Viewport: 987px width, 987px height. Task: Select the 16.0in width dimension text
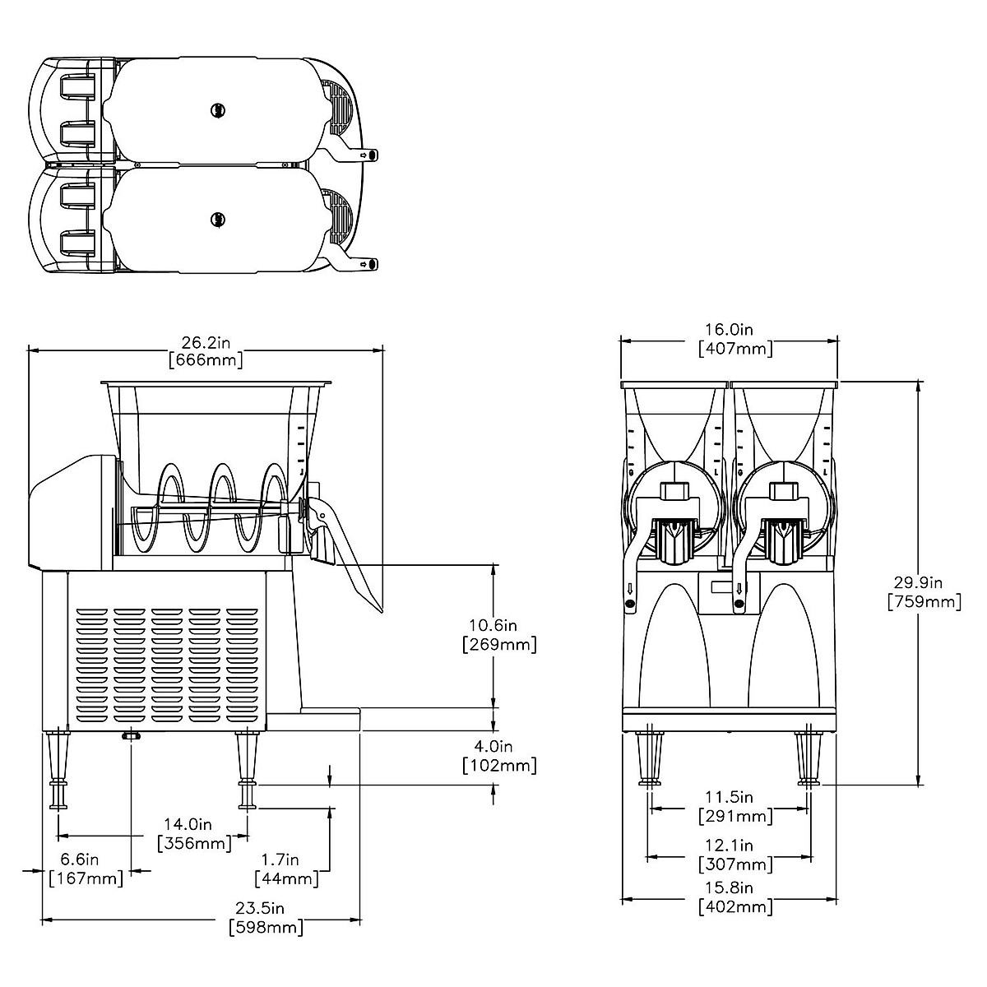coord(735,339)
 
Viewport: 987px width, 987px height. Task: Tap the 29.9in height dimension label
coord(924,592)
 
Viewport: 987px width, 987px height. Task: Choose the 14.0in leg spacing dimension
coord(193,833)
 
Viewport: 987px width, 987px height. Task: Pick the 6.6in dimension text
coord(86,869)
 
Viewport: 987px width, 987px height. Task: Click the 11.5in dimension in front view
coord(735,806)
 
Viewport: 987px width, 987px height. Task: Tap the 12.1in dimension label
coord(735,855)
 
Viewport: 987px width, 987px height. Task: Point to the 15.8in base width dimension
coord(735,898)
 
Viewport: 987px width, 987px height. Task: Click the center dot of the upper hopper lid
coord(217,109)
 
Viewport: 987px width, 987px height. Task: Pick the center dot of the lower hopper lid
coord(217,219)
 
